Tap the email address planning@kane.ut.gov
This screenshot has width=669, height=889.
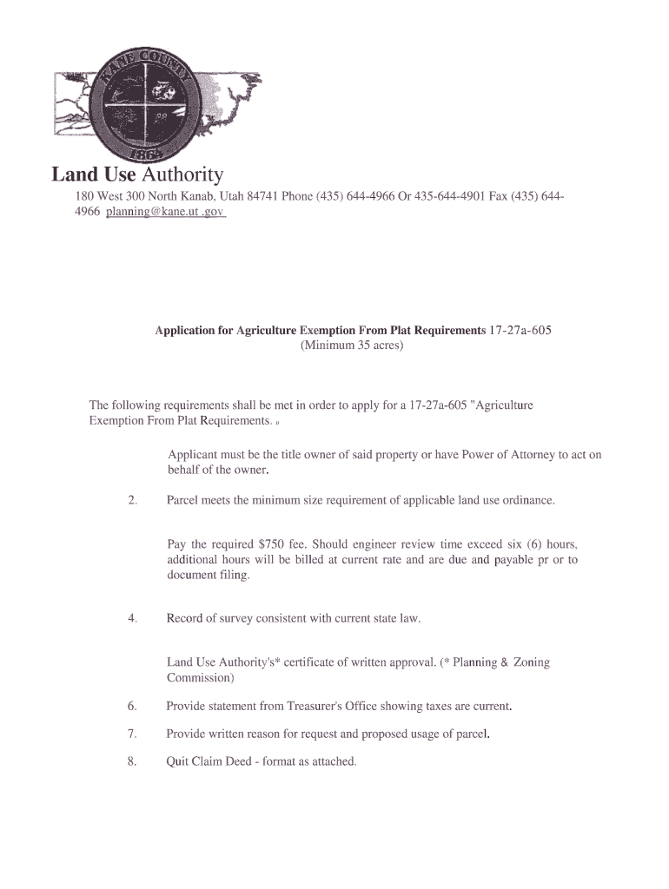(165, 212)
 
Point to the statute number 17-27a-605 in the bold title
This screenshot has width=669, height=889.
(520, 331)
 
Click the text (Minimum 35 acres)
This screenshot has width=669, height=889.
(352, 346)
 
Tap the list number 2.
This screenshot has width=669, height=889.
(132, 501)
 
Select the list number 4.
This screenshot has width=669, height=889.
(132, 618)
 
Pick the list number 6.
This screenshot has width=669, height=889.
(132, 706)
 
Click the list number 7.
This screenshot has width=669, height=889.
(132, 734)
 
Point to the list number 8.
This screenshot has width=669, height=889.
(132, 761)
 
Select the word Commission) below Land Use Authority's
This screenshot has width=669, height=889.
(200, 677)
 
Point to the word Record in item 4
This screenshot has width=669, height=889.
(184, 618)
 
